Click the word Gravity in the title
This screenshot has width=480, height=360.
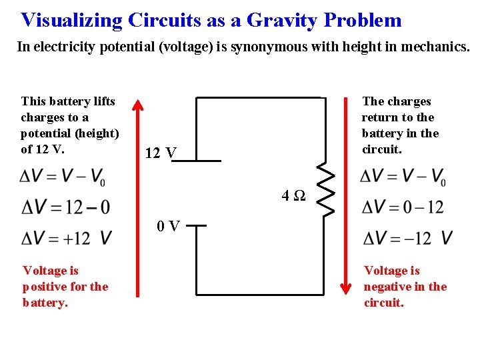283,20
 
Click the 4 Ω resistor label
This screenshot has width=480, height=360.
293,196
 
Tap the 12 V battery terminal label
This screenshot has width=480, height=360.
161,153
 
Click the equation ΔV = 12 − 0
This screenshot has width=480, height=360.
66,207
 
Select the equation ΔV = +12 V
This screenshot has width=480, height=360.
66,237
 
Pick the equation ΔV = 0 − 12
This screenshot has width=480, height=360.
402,207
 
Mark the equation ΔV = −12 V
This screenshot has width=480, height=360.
407,237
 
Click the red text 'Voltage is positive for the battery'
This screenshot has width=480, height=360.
65,287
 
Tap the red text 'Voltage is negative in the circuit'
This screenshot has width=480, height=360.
405,287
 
